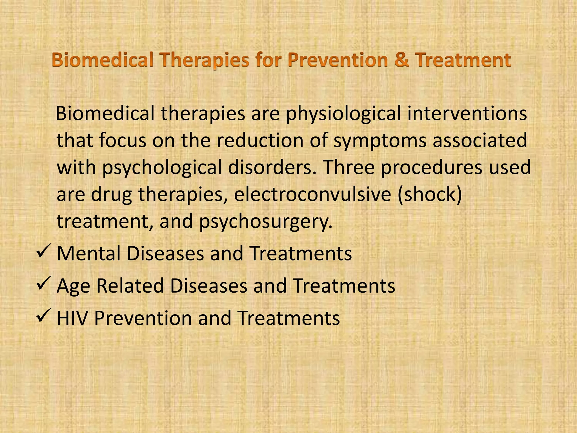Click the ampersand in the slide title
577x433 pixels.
(x=401, y=60)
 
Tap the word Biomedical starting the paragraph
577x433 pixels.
(x=105, y=114)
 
